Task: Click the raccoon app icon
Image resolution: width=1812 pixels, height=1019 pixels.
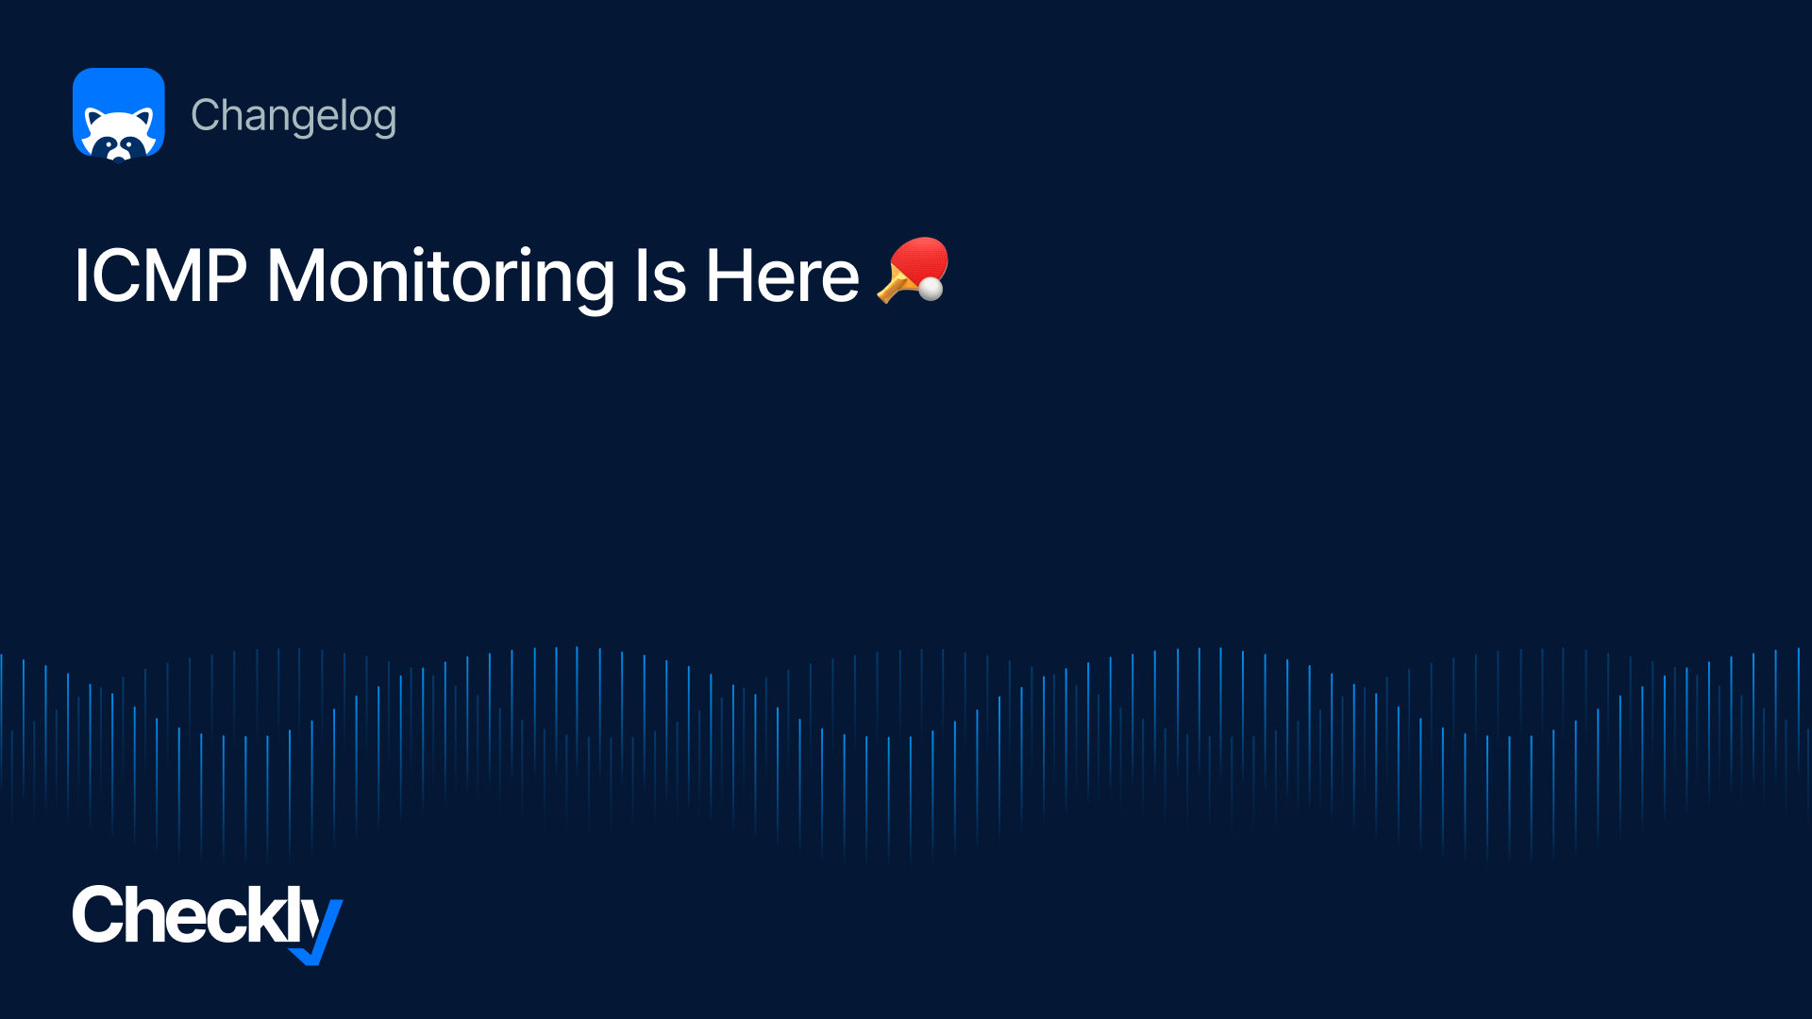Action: tap(119, 114)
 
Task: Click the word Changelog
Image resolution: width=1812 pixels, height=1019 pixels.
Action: tap(294, 117)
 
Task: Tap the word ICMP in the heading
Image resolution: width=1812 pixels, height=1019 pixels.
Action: tap(160, 276)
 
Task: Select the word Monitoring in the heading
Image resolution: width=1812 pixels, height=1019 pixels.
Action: tap(441, 278)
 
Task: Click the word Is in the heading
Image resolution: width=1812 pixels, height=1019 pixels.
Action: tap(660, 276)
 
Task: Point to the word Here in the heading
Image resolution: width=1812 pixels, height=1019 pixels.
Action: tap(782, 276)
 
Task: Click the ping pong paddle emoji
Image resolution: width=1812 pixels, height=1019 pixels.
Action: tap(913, 271)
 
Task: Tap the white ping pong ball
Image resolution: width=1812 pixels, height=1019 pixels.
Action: tap(931, 288)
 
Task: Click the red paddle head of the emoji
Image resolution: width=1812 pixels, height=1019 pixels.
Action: tap(919, 259)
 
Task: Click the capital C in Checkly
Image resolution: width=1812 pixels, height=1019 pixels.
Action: tap(96, 914)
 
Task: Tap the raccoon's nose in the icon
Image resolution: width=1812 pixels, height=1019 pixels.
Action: tap(119, 154)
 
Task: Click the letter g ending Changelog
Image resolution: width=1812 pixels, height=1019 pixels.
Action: tap(382, 122)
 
